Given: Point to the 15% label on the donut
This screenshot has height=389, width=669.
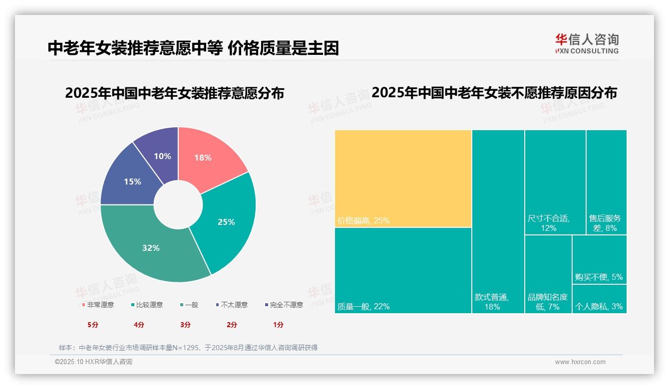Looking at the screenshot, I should click(x=132, y=182).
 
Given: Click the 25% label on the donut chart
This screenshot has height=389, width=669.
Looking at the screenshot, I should click(x=226, y=222).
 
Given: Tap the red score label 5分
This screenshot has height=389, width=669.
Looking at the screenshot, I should click(x=93, y=325).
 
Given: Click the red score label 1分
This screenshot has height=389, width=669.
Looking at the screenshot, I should click(x=278, y=325).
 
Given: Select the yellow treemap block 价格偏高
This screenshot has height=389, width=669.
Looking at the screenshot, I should click(x=403, y=179).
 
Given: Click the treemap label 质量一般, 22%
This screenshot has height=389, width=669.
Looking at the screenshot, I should click(x=363, y=306).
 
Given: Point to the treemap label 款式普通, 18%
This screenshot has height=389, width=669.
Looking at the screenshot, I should click(x=492, y=302).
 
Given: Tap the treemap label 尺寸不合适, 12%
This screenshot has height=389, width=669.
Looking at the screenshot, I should click(x=549, y=223).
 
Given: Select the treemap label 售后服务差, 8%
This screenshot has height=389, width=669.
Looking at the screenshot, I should click(x=605, y=223).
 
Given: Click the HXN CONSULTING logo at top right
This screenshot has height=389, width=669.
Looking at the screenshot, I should click(x=587, y=44).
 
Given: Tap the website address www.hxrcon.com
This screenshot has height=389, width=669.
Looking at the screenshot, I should click(x=580, y=362).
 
